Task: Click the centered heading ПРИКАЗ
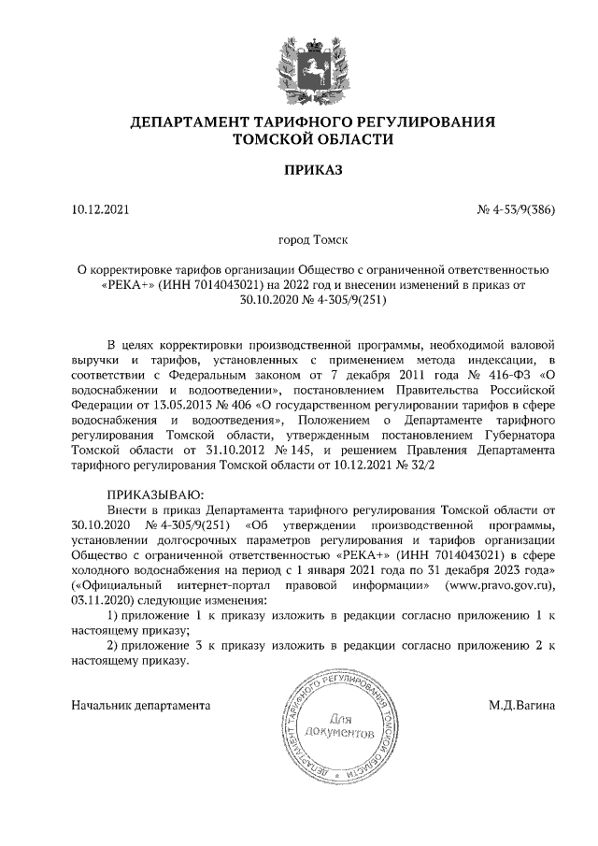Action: (313, 169)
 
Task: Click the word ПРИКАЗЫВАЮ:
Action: (153, 494)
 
